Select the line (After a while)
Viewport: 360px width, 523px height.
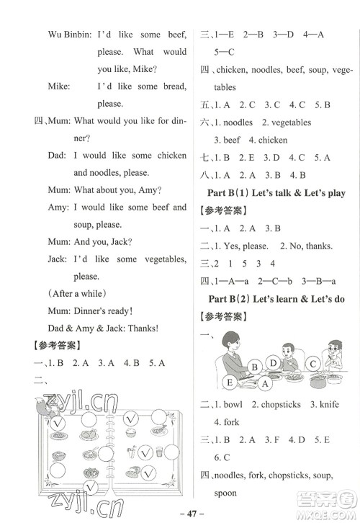click(76, 293)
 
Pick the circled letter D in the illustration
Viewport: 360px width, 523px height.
click(274, 362)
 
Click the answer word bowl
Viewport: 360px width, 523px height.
click(233, 404)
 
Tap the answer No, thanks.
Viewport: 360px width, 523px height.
click(309, 246)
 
